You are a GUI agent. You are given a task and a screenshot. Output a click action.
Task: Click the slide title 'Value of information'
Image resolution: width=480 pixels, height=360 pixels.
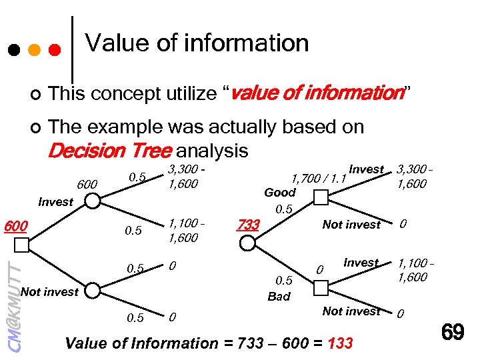197,43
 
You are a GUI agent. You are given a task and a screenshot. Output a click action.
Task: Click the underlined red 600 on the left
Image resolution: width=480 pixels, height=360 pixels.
15,226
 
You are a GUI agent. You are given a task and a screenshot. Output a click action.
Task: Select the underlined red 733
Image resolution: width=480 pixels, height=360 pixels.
248,225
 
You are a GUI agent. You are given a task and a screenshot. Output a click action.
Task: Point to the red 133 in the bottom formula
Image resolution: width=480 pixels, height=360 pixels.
341,344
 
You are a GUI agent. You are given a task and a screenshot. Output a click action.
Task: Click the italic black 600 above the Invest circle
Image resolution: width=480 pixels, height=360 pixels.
88,184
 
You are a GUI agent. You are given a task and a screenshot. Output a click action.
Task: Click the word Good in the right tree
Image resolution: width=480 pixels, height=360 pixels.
280,192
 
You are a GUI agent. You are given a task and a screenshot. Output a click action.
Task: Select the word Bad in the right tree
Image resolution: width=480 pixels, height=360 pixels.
279,297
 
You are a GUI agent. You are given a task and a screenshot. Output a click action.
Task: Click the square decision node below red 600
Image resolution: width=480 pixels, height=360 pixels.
21,245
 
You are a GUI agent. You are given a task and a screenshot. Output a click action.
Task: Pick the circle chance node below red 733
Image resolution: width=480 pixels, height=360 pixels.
248,243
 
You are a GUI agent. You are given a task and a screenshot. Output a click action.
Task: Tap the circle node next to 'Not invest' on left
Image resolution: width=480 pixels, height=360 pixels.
92,290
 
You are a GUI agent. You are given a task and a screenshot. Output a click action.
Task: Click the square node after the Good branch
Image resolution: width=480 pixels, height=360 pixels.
321,197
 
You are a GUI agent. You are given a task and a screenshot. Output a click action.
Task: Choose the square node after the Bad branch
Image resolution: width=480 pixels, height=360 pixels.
321,287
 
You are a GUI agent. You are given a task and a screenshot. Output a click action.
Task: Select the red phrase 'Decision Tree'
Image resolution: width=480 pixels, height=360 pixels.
109,151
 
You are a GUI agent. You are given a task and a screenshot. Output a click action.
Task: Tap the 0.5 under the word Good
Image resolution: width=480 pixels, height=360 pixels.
285,209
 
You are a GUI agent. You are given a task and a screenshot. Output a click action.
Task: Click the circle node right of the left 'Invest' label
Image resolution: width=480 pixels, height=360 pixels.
92,201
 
